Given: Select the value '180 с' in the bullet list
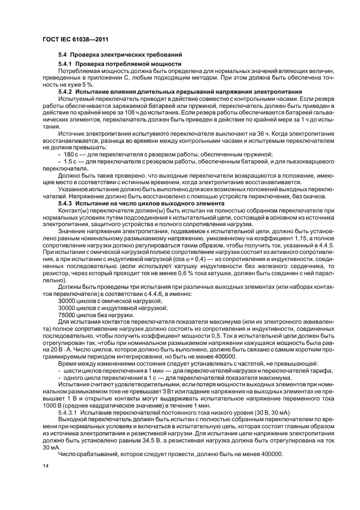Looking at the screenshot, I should pos(68,154).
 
